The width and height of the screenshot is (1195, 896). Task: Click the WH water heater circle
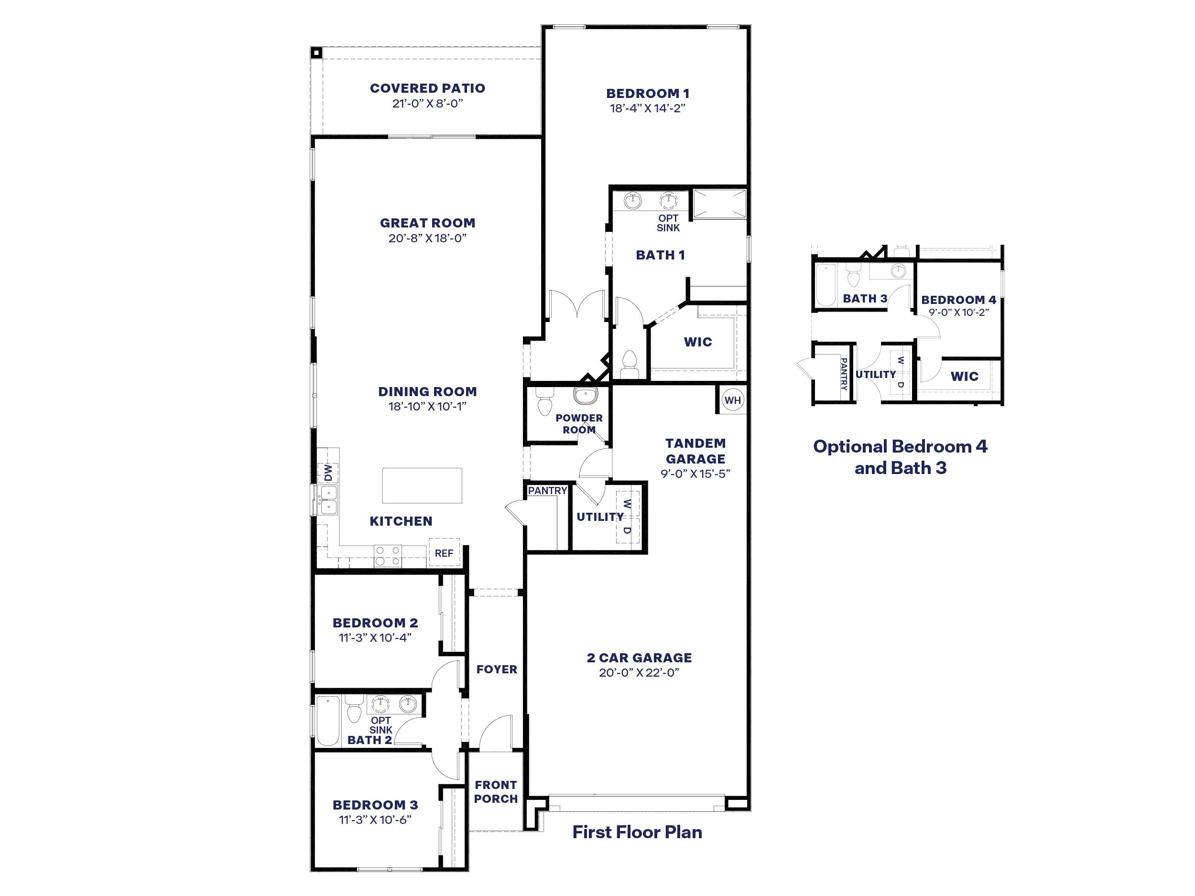pyautogui.click(x=733, y=400)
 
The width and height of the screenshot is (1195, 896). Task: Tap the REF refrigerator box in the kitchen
pyautogui.click(x=444, y=552)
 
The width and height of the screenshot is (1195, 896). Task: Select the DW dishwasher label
pyautogui.click(x=328, y=473)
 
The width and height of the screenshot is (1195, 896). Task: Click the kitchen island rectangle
pyautogui.click(x=422, y=486)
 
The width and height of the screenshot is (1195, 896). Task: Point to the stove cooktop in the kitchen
pyautogui.click(x=388, y=556)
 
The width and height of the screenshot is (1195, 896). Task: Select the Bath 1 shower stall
pyautogui.click(x=719, y=204)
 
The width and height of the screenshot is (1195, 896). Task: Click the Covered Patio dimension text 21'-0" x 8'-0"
pyautogui.click(x=427, y=104)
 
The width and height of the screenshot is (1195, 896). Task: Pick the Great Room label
pyautogui.click(x=427, y=223)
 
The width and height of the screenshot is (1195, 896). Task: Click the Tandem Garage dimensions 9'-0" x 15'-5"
pyautogui.click(x=695, y=474)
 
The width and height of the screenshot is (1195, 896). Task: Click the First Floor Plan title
pyautogui.click(x=637, y=832)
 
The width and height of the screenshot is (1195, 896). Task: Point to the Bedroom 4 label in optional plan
pyautogui.click(x=958, y=300)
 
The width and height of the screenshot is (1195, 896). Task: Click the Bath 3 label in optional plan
pyautogui.click(x=865, y=299)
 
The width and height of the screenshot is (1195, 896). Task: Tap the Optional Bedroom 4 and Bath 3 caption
pyautogui.click(x=900, y=457)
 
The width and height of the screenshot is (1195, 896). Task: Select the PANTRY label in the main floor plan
pyautogui.click(x=547, y=490)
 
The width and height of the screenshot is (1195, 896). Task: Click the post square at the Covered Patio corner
pyautogui.click(x=316, y=53)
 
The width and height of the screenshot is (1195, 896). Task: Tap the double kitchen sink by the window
pyautogui.click(x=328, y=500)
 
